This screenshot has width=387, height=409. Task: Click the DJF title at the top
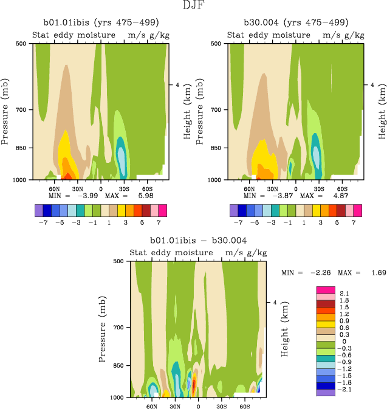click(193, 6)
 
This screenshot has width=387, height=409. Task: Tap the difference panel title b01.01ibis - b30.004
click(195, 241)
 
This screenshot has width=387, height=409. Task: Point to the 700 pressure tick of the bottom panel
click(118, 328)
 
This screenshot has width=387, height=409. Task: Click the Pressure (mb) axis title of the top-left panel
click(5, 112)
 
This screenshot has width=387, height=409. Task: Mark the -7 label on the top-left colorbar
click(42, 223)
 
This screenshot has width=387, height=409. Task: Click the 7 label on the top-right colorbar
click(357, 223)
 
